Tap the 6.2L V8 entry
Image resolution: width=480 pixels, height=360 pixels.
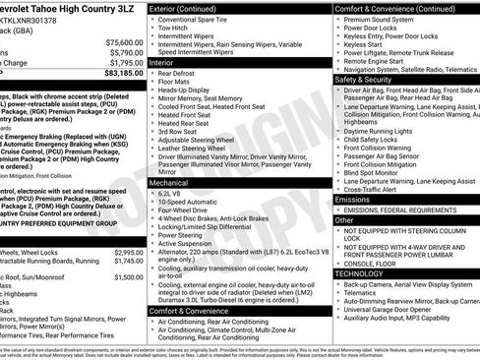(175, 194)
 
